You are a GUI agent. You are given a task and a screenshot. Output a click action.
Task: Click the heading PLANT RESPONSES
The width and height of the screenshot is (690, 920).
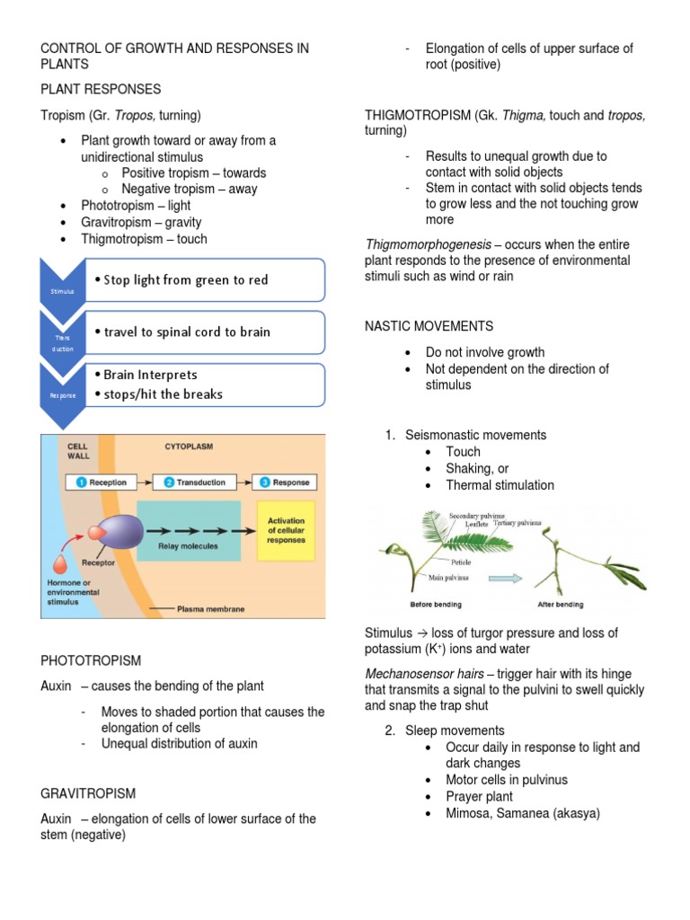[x=101, y=89]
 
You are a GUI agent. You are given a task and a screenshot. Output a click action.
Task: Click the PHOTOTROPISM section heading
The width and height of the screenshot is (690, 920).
[x=91, y=660]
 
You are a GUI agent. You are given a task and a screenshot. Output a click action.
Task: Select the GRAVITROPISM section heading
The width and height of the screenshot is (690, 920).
[x=88, y=793]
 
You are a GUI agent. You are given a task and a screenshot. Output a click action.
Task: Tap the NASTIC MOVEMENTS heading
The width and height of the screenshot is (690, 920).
[x=429, y=326]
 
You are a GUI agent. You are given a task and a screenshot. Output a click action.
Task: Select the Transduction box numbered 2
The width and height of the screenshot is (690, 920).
[x=195, y=482]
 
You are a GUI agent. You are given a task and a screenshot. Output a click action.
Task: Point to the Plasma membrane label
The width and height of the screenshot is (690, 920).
[x=210, y=608]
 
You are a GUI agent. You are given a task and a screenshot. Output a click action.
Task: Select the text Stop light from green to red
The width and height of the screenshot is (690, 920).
[x=185, y=279]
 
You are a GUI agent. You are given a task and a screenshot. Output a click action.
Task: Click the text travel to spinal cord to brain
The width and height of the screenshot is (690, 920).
[x=186, y=332]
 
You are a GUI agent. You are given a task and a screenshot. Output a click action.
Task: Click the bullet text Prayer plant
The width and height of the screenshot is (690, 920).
[x=479, y=796]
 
